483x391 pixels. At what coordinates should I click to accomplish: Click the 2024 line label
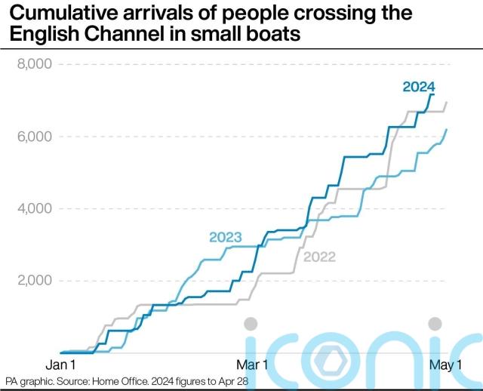[x=419, y=87]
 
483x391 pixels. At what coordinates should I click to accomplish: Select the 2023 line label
[x=225, y=238]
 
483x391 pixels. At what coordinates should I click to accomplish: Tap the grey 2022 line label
[x=319, y=257]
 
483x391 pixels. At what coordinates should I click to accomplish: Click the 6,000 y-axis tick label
[x=33, y=137]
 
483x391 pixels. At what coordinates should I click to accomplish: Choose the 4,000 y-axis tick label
[x=33, y=208]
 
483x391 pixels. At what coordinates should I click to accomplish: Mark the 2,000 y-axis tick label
[x=33, y=281]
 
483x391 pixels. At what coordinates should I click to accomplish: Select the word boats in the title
[x=260, y=34]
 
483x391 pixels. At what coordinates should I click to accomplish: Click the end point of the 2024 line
[x=433, y=94]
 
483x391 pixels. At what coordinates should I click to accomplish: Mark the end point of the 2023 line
[x=448, y=129]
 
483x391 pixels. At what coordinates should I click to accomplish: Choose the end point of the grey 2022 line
[x=448, y=102]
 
